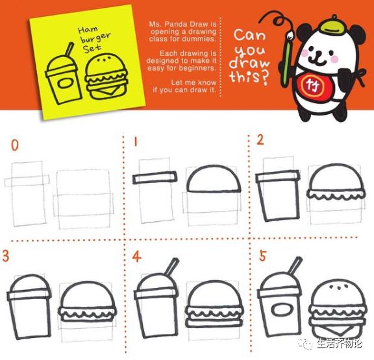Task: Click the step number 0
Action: [15, 145]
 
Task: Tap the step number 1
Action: [136, 141]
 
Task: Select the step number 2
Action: [260, 139]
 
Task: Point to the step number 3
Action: [5, 256]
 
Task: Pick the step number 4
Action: [136, 257]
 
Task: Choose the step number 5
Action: [262, 256]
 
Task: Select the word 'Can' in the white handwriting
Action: [249, 35]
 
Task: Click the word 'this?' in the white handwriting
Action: [249, 77]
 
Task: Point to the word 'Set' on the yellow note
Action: [92, 49]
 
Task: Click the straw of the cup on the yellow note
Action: [69, 49]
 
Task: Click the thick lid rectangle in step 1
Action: [155, 178]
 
